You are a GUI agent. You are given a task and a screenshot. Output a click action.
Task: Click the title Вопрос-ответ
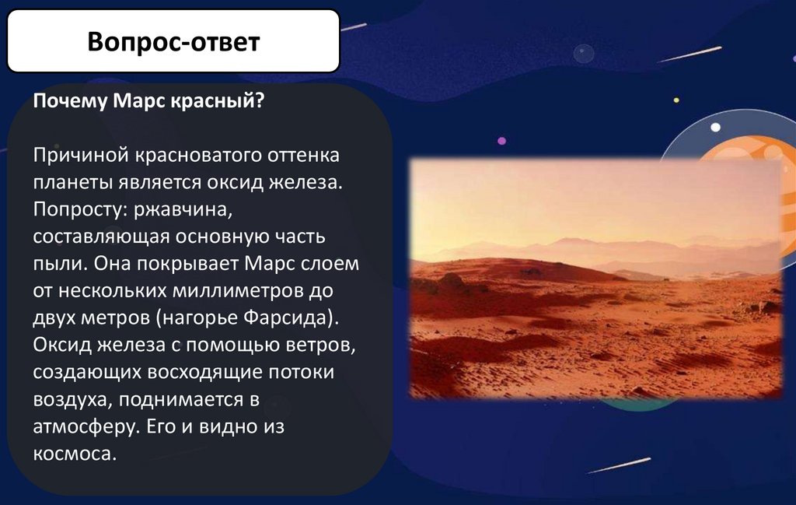(x=173, y=42)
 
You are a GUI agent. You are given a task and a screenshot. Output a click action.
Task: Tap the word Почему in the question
(x=70, y=101)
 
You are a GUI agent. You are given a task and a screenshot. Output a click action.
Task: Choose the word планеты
(x=72, y=182)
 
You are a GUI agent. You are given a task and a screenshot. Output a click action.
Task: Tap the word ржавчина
(x=183, y=209)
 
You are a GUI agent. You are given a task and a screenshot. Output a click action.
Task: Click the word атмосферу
(x=86, y=426)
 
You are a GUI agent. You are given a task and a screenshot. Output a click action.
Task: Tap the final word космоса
(x=75, y=453)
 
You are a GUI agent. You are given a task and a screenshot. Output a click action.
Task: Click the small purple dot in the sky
(x=501, y=141)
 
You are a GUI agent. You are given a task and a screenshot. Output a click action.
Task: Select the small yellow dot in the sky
(x=676, y=100)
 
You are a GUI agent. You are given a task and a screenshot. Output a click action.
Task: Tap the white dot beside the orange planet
(x=715, y=127)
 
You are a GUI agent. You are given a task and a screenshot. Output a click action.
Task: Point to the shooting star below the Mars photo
(x=618, y=465)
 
